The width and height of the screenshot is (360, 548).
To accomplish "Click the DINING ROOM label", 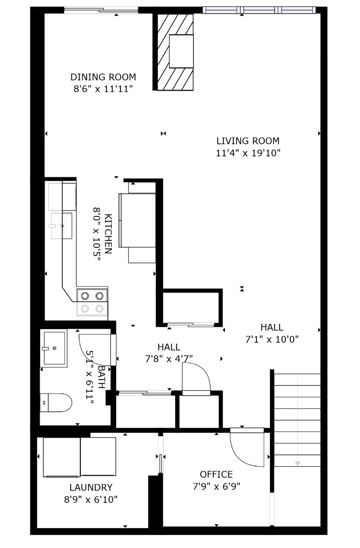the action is point(103,77).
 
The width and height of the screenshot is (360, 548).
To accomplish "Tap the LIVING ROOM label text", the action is point(248,141).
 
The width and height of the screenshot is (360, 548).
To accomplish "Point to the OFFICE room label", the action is point(216,474).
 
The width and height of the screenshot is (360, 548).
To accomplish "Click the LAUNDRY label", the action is point(91,487).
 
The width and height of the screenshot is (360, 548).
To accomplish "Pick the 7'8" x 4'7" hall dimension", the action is point(169,359).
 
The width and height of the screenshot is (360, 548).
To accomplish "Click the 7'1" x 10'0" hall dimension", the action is point(272,339).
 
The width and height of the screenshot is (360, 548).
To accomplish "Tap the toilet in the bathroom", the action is point(56,402).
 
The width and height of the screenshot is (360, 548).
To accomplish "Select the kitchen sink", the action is point(62,226).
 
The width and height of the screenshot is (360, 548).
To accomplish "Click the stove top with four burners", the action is point(92,302).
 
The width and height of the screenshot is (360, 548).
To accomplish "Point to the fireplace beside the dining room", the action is point(175,52).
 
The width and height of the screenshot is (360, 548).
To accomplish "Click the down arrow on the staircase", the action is point(298,463).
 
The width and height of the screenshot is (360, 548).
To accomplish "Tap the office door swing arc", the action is point(241,455).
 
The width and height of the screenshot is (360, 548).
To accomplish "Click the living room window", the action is point(259,10).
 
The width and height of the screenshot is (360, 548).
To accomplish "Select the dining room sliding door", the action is point(101,11).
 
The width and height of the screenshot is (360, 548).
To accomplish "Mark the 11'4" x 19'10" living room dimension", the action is point(248,152).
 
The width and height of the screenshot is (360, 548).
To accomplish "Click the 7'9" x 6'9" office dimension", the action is point(216,486).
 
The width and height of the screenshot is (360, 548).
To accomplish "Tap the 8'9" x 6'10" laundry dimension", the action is point(91,500).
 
